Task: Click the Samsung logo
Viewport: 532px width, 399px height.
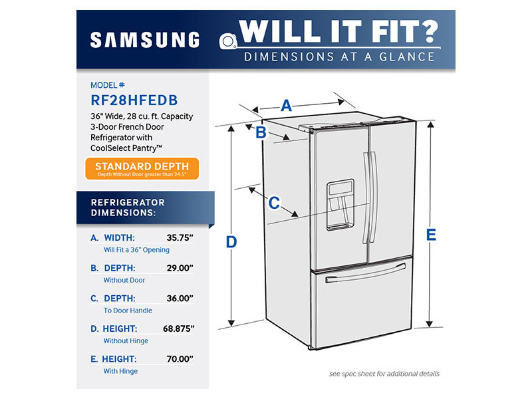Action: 144,40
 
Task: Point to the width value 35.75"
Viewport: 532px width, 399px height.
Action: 180,237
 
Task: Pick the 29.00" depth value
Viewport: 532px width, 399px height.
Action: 180,268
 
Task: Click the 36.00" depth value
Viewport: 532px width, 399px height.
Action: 180,299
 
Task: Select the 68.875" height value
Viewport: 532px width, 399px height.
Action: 177,329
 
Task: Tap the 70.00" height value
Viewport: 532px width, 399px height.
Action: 180,359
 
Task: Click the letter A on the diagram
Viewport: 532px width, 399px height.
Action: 287,105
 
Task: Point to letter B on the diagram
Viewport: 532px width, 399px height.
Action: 261,132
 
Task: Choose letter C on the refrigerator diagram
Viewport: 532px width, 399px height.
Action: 273,203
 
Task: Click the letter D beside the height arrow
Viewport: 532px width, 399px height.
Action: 231,242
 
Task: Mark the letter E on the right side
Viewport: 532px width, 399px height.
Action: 431,234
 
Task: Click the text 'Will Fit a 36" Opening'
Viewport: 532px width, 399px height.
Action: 136,250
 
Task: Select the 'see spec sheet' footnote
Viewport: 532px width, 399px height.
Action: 384,374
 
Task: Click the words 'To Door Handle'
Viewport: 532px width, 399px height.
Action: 128,311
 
